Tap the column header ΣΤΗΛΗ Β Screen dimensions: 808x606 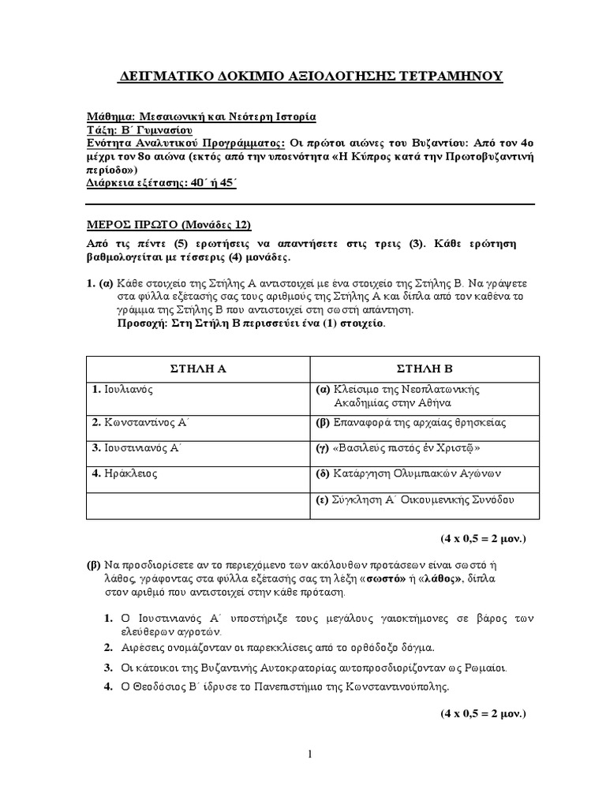click(426, 368)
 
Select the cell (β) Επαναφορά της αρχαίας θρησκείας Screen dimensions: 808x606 click(411, 422)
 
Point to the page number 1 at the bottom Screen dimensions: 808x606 click(310, 754)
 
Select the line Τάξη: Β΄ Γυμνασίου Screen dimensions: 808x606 click(139, 129)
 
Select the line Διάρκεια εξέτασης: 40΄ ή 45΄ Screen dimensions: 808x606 click(157, 183)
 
